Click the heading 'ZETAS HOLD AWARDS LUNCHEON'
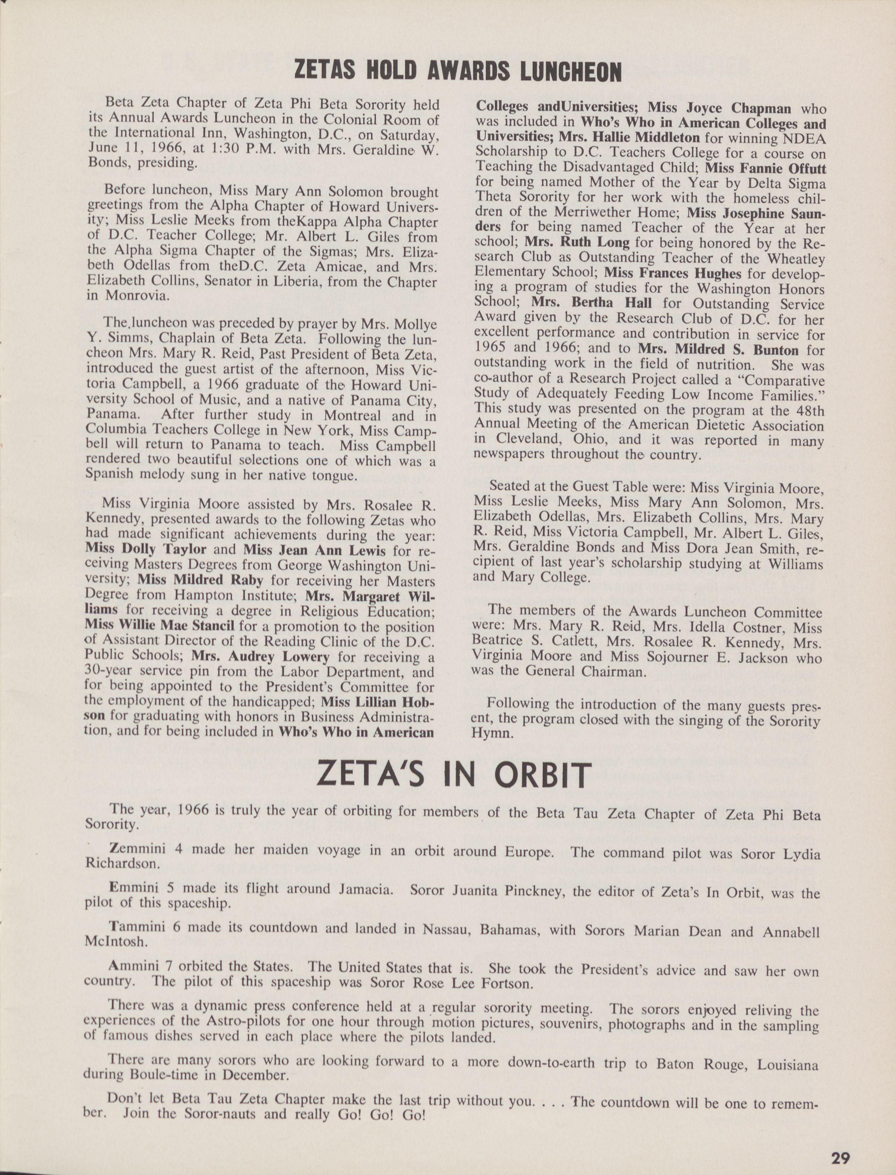458,72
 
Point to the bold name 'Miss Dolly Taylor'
146,550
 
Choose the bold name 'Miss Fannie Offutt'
765,168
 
